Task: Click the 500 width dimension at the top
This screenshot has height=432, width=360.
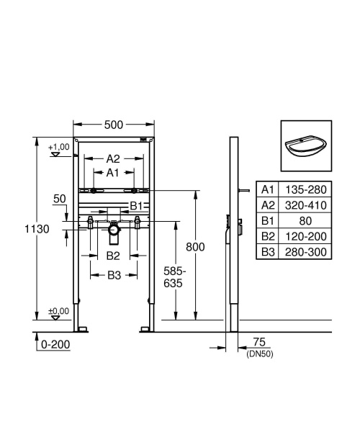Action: click(x=114, y=125)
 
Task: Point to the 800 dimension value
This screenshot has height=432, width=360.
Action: click(x=195, y=247)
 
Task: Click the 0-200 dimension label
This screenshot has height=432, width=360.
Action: click(x=55, y=345)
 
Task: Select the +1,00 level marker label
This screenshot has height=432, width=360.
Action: click(x=58, y=147)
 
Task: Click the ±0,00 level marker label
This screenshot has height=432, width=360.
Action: click(x=58, y=311)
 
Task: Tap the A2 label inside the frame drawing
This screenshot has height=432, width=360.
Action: click(x=113, y=158)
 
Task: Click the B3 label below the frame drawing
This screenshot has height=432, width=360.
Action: click(x=113, y=274)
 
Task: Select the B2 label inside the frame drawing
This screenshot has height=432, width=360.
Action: click(x=113, y=256)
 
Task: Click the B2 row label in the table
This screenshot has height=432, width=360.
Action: click(x=268, y=237)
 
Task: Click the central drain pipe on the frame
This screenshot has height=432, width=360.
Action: click(x=113, y=232)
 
